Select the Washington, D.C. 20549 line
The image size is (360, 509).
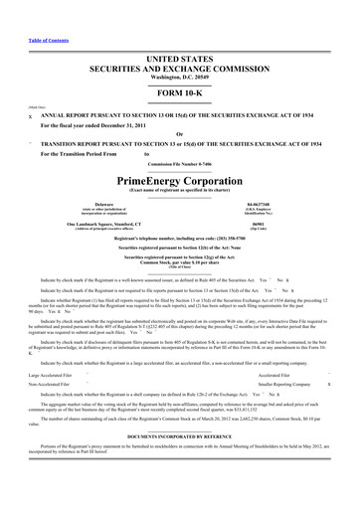tap(179, 64)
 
